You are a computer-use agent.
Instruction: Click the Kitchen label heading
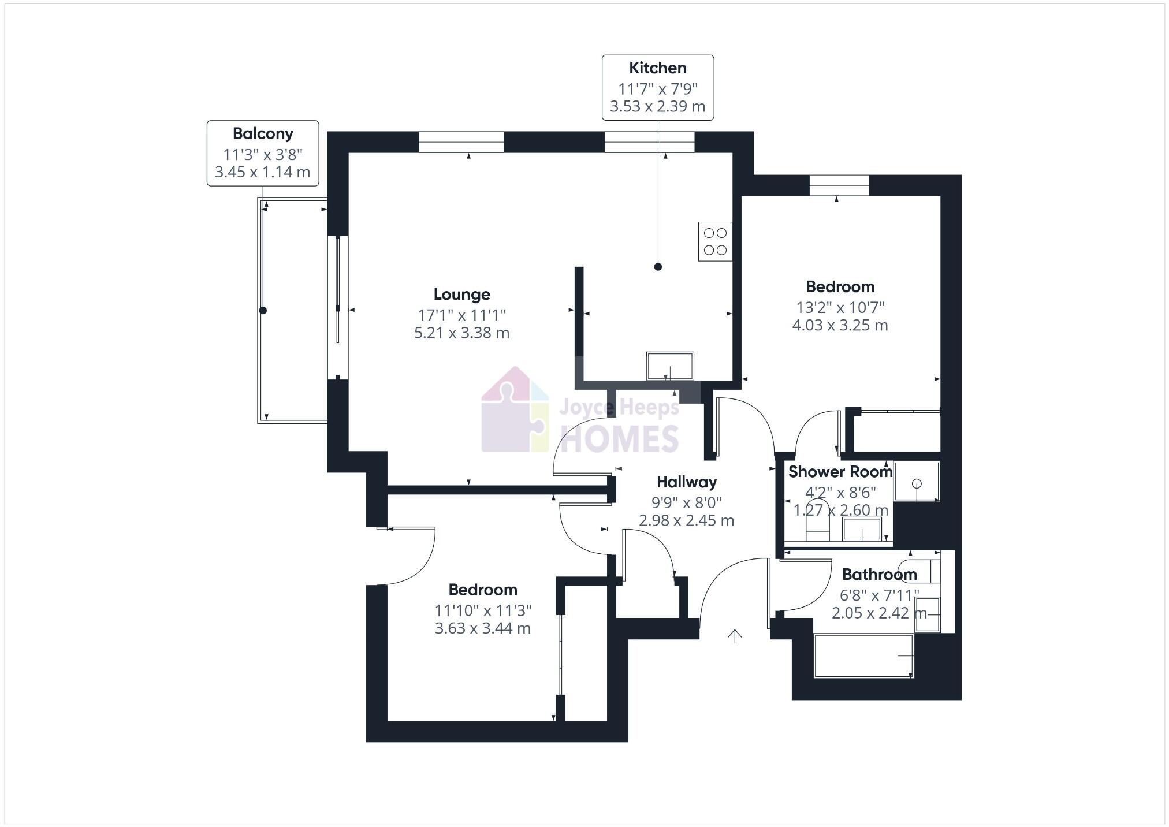pos(657,68)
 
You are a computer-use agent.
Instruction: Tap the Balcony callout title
pos(263,134)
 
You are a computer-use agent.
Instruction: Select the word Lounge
pos(461,295)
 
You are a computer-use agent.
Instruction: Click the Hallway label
pos(686,482)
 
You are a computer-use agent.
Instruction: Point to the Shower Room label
pos(840,472)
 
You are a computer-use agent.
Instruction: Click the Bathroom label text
pos(879,575)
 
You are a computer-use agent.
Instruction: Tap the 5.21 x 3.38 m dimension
pos(461,333)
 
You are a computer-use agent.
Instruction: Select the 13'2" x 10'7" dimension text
pos(840,307)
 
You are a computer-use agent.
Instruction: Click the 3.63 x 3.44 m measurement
pos(482,628)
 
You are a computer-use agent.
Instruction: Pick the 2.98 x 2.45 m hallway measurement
pos(686,521)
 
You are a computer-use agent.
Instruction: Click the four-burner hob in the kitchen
pos(714,241)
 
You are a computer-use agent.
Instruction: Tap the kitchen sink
pos(670,366)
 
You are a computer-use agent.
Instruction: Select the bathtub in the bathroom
pos(863,655)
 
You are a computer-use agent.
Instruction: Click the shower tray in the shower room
pos(916,481)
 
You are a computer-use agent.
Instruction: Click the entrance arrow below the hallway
pos(734,636)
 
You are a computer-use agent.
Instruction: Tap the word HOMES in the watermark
pos(619,439)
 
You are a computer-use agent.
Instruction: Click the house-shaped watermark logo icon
pos(515,411)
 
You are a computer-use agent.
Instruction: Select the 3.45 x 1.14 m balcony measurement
pos(263,172)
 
